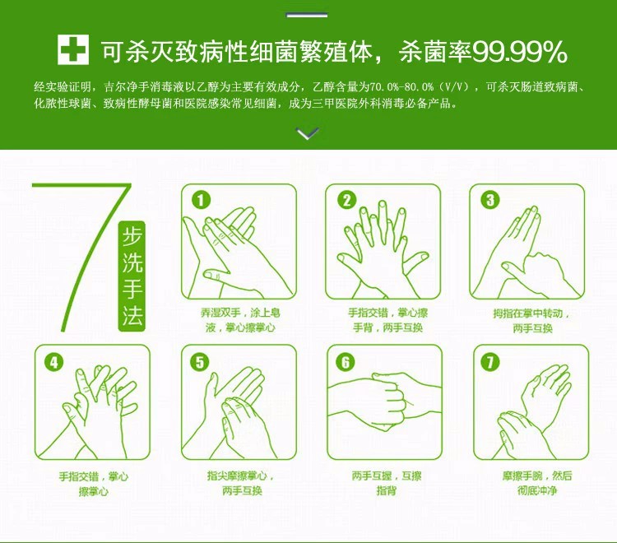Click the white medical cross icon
[73, 49]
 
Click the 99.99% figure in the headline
[519, 52]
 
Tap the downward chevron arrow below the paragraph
[308, 133]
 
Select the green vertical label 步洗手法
[132, 276]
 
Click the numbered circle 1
[201, 200]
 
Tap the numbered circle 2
[346, 200]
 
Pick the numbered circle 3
[490, 200]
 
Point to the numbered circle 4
[54, 362]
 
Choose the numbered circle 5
[200, 362]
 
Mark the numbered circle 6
[346, 362]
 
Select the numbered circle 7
[490, 362]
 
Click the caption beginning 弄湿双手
[240, 320]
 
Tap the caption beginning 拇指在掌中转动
[531, 321]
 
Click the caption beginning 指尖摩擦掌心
[241, 484]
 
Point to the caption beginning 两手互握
[387, 484]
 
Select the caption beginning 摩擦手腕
[537, 484]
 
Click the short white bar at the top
[307, 15]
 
